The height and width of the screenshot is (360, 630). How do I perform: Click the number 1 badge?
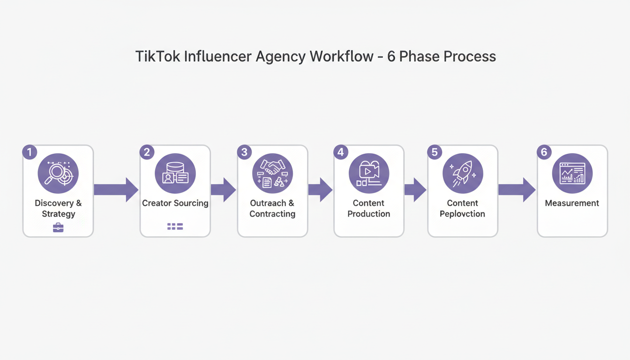pyautogui.click(x=29, y=152)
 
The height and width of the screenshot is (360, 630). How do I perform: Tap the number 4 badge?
pyautogui.click(x=340, y=152)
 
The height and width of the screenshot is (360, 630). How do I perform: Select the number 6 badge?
pyautogui.click(x=544, y=152)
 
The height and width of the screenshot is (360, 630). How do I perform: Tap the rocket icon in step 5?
pyautogui.click(x=463, y=174)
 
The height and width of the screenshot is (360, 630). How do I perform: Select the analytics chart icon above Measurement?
pyautogui.click(x=572, y=173)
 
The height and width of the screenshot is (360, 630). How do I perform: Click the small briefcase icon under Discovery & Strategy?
pyautogui.click(x=58, y=228)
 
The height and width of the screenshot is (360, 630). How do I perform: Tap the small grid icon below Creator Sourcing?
pyautogui.click(x=175, y=227)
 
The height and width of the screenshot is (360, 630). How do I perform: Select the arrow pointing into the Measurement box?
pyautogui.click(x=517, y=189)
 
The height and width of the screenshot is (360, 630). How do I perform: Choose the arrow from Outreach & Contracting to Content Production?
pyautogui.click(x=320, y=189)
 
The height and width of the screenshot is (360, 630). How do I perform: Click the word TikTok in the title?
pyautogui.click(x=157, y=57)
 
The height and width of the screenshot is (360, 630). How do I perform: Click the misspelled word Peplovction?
pyautogui.click(x=462, y=214)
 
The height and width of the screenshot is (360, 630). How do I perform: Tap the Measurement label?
pyautogui.click(x=572, y=203)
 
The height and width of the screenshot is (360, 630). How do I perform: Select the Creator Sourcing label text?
pyautogui.click(x=175, y=203)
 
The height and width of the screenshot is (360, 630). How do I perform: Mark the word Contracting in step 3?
pyautogui.click(x=272, y=214)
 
